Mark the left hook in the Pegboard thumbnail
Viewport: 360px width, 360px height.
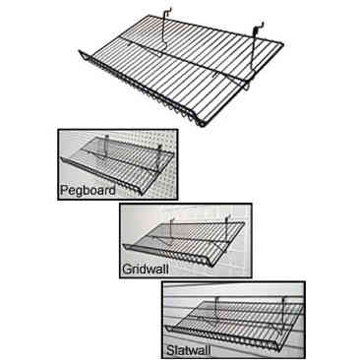point(100,143)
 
